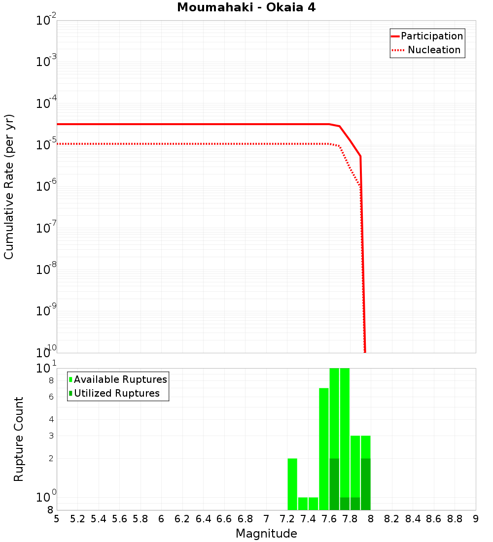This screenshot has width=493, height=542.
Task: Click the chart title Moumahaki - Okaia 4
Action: [x=246, y=8]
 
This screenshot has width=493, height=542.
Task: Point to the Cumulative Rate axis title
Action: [x=9, y=186]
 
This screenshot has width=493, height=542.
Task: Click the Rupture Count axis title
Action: [x=19, y=439]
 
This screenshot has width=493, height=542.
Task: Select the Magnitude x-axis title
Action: [x=266, y=534]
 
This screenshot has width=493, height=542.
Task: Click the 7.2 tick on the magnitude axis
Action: [x=287, y=519]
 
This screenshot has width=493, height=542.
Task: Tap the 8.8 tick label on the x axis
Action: [x=455, y=519]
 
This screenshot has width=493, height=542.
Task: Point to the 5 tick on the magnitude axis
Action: [x=57, y=519]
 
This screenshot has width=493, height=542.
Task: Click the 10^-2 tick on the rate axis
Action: [x=47, y=21]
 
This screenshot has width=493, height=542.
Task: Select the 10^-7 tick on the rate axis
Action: [x=47, y=228]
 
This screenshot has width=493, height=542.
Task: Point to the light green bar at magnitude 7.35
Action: [x=303, y=504]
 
